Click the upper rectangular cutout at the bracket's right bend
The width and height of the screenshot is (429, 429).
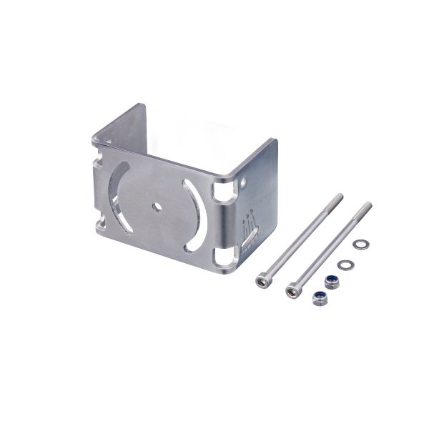click(x=225, y=192)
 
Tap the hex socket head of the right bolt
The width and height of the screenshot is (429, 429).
click(x=292, y=290)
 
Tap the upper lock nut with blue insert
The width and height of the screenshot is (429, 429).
click(x=330, y=281)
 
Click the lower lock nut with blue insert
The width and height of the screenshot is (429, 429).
click(x=317, y=299)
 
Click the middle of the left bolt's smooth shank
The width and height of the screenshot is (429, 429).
click(x=300, y=239)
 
